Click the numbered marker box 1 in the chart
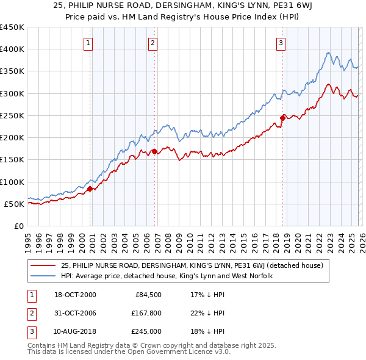pyautogui.click(x=89, y=43)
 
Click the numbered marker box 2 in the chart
pyautogui.click(x=152, y=43)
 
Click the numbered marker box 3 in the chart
pyautogui.click(x=281, y=43)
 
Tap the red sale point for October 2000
pyautogui.click(x=90, y=189)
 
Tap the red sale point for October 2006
pyautogui.click(x=155, y=151)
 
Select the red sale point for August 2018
pyautogui.click(x=282, y=118)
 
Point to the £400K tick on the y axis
pyautogui.click(x=12, y=49)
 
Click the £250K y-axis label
pyautogui.click(x=12, y=115)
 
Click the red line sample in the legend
pyautogui.click(x=44, y=265)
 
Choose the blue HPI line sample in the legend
pyautogui.click(x=44, y=276)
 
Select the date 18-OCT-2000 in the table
pyautogui.click(x=75, y=295)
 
